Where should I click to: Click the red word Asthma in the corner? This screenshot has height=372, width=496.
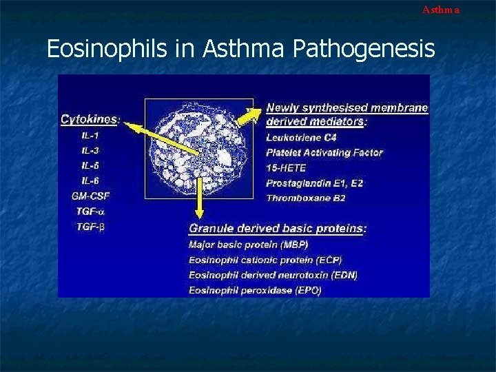(x=440, y=10)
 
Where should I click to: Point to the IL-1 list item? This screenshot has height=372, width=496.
(x=90, y=135)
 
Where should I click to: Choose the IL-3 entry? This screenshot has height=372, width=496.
(x=90, y=150)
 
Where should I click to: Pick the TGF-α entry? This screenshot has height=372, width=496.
(x=90, y=211)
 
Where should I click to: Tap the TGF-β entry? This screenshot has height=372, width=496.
(x=90, y=226)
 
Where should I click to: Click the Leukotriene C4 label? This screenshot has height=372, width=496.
(x=296, y=137)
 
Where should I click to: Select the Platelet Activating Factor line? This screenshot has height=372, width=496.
(x=324, y=152)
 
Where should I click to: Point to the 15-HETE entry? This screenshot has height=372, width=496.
(x=286, y=167)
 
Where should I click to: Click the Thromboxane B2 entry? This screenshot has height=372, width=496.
(x=305, y=198)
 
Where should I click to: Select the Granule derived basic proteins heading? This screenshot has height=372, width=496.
(x=278, y=228)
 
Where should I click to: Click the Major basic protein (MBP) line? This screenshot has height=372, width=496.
(x=248, y=245)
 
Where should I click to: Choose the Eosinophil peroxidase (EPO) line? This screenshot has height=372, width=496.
(x=255, y=290)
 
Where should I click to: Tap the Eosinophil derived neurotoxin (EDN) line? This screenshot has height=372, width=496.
(x=273, y=275)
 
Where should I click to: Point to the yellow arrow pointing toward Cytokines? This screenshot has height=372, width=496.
(x=169, y=138)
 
